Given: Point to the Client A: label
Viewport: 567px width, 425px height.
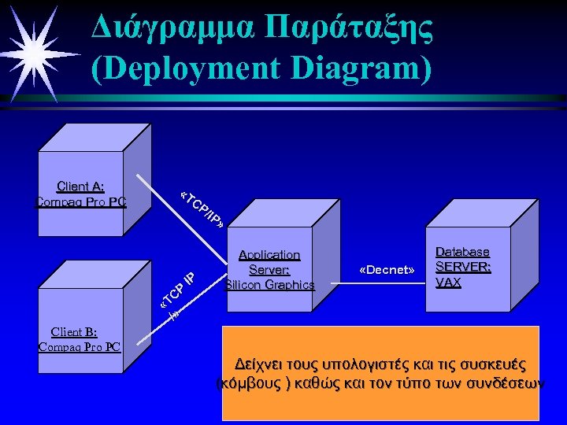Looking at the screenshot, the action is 80,187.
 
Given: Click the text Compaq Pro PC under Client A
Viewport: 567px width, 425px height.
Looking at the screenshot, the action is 81,201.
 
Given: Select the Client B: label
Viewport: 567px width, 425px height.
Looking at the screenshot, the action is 74,331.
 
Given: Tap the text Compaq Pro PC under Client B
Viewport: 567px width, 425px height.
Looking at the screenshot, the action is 80,346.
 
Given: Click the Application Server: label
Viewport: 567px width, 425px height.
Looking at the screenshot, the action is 269,262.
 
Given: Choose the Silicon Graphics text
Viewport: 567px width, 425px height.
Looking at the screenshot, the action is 269,285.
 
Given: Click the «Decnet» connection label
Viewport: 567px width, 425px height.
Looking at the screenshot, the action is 387,270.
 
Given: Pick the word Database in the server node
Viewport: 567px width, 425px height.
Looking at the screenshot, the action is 463,252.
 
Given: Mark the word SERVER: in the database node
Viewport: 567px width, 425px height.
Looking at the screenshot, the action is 463,267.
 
